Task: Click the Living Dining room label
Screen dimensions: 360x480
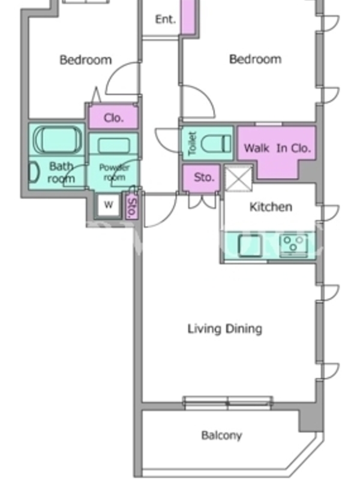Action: coord(224,329)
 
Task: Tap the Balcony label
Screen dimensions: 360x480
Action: coord(221,436)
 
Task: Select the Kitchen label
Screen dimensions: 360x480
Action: coord(271,207)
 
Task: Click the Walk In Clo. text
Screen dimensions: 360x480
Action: coord(277,148)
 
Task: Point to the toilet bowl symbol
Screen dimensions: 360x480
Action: coord(215,143)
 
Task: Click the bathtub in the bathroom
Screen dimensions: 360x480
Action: coord(57,140)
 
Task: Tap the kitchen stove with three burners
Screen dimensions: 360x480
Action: coord(293,245)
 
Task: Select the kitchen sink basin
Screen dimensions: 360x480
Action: coord(250,245)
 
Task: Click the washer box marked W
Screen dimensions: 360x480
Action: coord(109,205)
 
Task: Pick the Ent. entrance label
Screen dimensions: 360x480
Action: coord(166,20)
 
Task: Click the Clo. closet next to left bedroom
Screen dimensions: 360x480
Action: coord(113,117)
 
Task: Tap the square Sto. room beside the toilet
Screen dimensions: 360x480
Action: coord(202,178)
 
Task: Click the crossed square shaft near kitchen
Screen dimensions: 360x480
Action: coord(239,178)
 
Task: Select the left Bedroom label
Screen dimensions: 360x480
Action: coord(86,59)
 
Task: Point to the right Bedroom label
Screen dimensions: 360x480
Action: coord(256,59)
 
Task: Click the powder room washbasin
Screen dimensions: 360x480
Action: coord(113,145)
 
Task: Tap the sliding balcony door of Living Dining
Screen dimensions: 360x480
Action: coord(228,402)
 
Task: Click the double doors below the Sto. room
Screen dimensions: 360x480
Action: coord(202,201)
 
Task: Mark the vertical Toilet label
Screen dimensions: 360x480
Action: coord(192,143)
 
